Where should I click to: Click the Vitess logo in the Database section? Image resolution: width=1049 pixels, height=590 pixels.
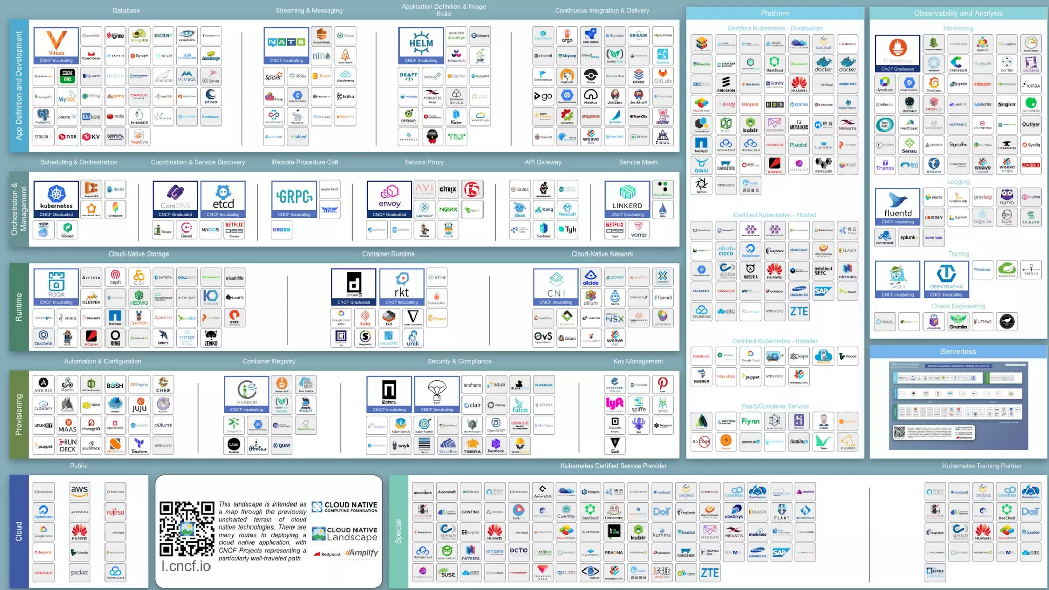point(56,45)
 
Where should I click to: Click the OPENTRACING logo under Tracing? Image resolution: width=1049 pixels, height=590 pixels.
point(946,279)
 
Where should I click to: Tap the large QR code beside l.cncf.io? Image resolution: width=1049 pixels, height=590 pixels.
point(186,529)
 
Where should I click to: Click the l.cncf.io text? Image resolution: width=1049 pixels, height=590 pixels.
point(186,566)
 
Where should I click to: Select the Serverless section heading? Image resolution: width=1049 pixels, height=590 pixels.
point(958,351)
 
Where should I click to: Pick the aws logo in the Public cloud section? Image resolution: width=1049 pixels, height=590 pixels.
point(79,491)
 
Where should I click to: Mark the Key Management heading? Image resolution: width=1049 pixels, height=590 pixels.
point(638,361)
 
